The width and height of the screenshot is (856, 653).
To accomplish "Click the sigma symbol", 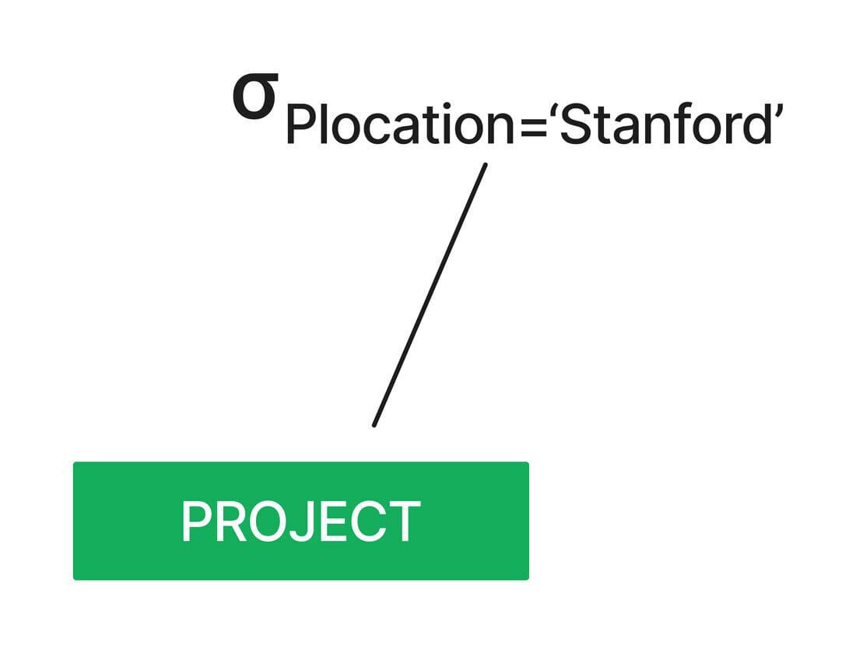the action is tap(255, 97).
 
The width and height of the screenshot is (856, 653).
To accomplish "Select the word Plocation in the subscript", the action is tap(400, 124).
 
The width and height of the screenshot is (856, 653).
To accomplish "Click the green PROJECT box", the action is tap(301, 521).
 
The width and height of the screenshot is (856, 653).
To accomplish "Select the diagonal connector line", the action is tap(430, 295).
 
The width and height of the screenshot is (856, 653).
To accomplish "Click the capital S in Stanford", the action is tap(574, 124).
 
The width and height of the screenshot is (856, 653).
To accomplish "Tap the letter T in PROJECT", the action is tap(404, 521).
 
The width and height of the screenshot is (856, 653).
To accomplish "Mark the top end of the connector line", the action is tap(486, 164).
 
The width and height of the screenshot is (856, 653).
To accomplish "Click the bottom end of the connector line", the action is tap(374, 425).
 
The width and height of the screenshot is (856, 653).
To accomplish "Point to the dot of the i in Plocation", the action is tap(447, 107).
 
